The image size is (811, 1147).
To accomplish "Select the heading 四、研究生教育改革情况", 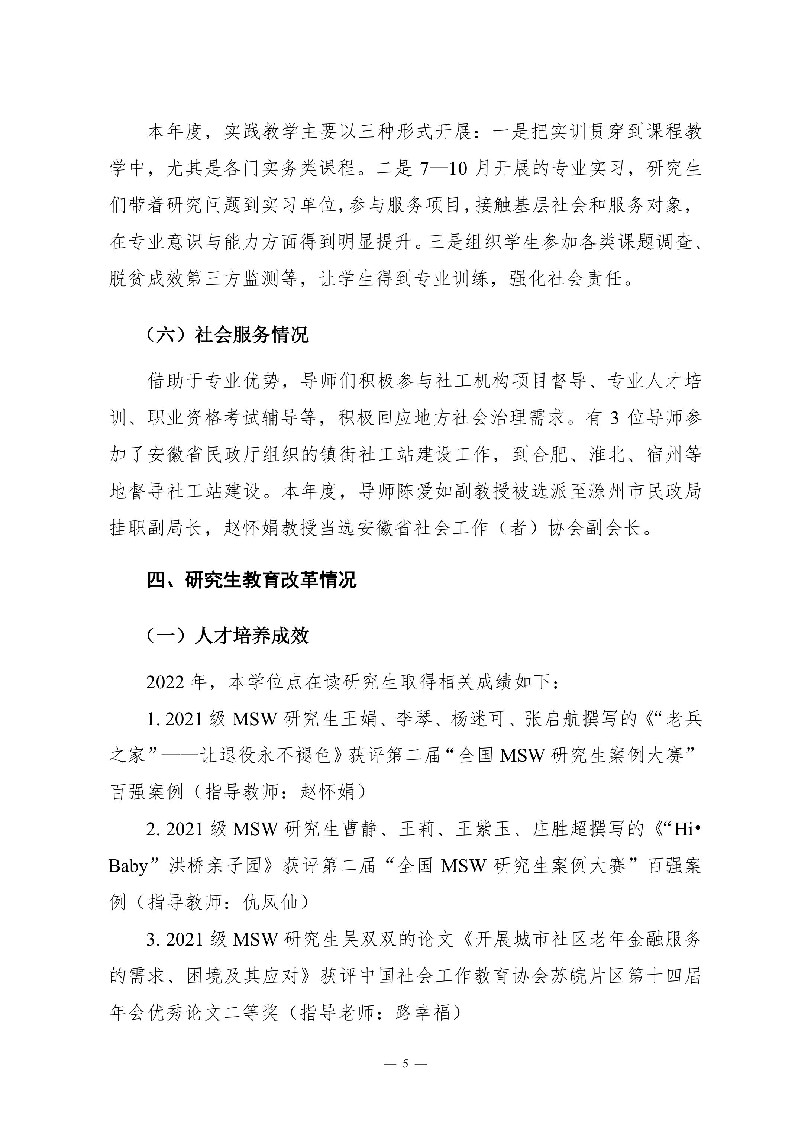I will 251,580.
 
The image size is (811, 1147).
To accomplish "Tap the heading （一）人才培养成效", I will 227,636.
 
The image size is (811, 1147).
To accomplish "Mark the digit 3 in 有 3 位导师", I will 615,418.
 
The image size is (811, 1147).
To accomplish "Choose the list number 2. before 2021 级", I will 153,829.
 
